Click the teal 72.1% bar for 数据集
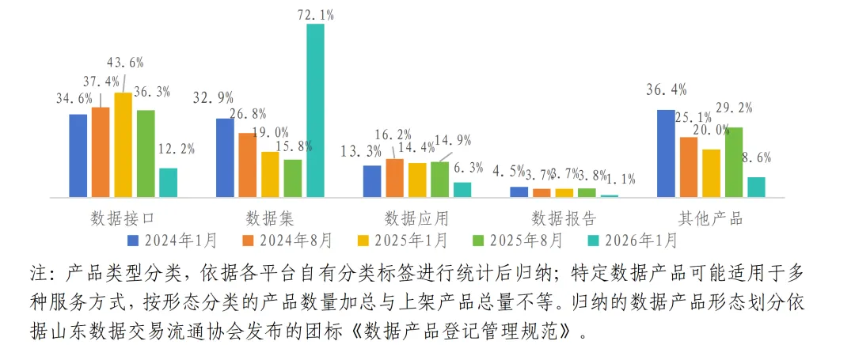315,110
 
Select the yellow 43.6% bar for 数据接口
123,145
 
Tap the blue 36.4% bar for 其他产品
666,153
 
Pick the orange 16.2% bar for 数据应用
394,178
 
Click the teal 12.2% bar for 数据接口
168,183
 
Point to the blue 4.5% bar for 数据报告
519,191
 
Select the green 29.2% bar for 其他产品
734,162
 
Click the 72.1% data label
315,14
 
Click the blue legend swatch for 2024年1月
133,239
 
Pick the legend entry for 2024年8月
288,239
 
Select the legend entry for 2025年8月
519,239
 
